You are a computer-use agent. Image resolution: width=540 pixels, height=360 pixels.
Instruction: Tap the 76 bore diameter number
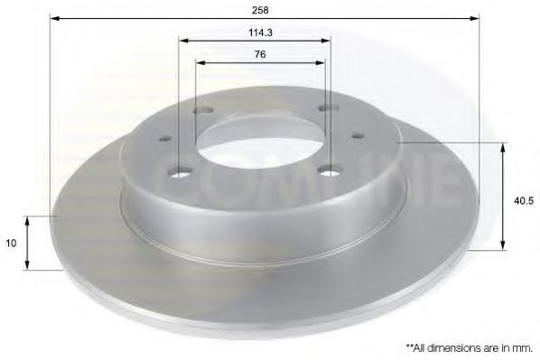coord(260,54)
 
